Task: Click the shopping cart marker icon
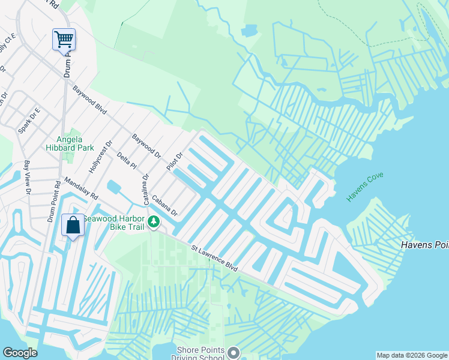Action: pos(64,40)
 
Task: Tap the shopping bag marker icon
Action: pos(73,226)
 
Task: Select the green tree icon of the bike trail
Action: pos(154,222)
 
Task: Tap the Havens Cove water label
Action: pos(364,187)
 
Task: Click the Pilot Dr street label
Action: pos(174,161)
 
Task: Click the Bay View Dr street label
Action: pos(27,178)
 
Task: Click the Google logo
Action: pos(20,353)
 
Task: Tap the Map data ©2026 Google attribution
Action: pos(411,355)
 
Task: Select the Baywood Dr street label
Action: pos(147,145)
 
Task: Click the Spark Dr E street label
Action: pos(28,121)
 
